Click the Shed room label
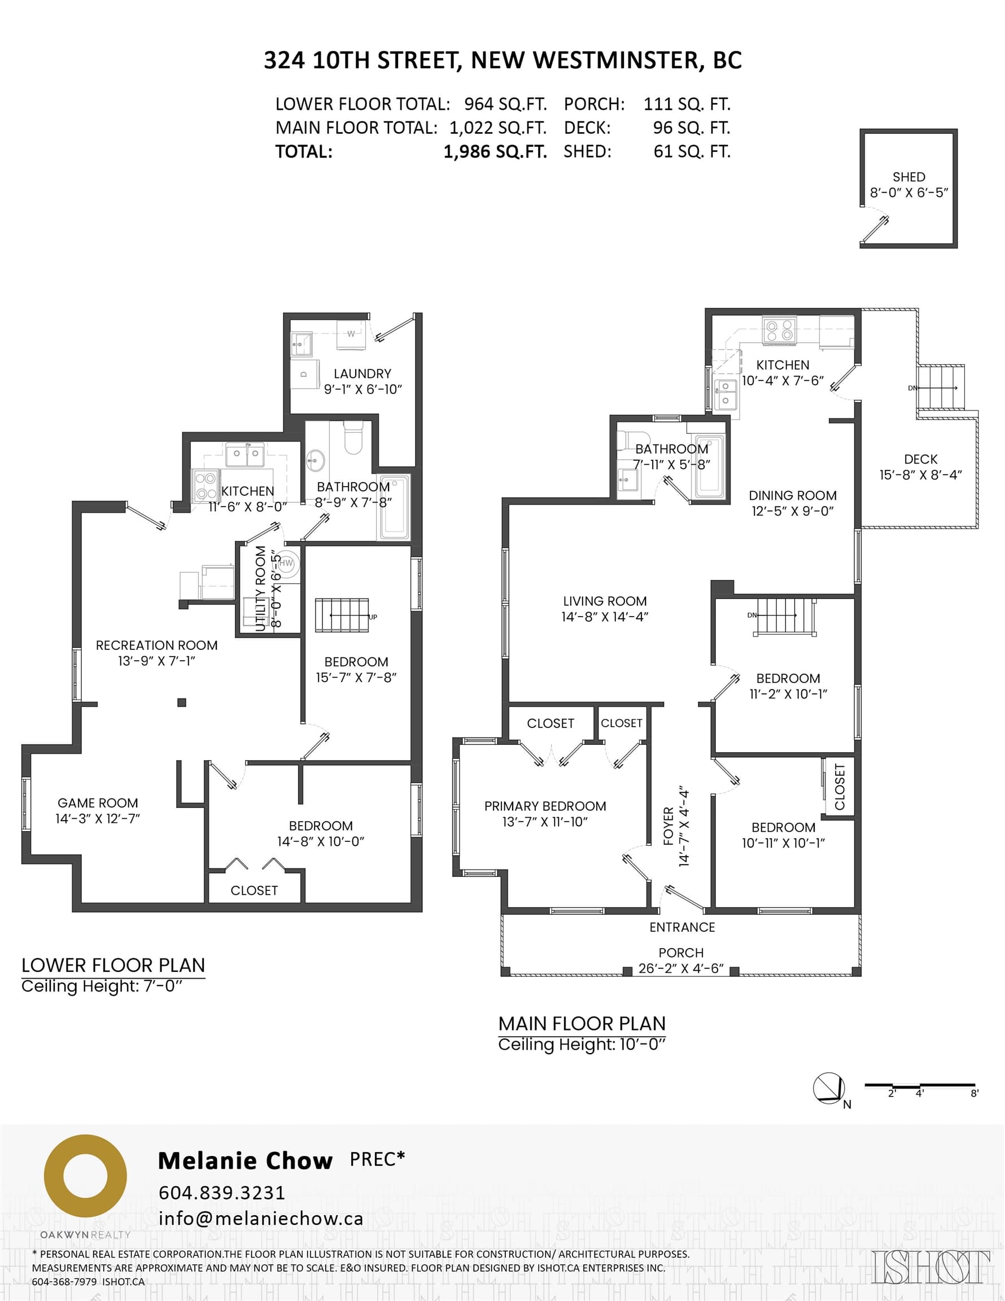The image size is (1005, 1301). click(x=908, y=177)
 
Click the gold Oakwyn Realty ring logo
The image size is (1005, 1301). click(x=85, y=1177)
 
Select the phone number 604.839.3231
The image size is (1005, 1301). click(x=222, y=1193)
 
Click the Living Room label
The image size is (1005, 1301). click(x=605, y=601)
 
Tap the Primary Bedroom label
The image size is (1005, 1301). click(x=545, y=806)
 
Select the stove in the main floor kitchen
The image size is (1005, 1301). click(x=780, y=331)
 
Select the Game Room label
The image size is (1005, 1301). click(x=98, y=803)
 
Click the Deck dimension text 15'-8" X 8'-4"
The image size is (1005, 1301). click(x=920, y=475)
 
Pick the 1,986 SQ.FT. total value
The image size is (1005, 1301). click(x=495, y=152)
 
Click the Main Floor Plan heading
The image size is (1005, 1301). click(x=582, y=1023)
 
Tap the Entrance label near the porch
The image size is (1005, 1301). click(x=682, y=927)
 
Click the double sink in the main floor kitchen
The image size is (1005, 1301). click(x=725, y=393)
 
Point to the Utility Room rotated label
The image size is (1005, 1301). click(x=260, y=588)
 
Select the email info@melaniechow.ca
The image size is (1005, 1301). click(x=260, y=1218)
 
